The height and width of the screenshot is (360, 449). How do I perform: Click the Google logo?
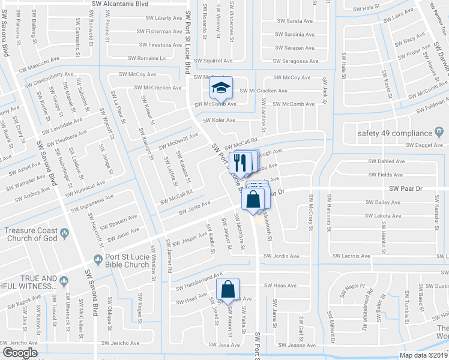pyautogui.click(x=20, y=352)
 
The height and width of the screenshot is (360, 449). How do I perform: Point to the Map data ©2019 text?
pyautogui.click(x=424, y=355)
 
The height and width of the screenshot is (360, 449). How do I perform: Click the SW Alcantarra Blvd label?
pyautogui.click(x=120, y=4)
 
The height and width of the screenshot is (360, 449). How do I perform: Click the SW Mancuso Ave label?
pyautogui.click(x=38, y=61)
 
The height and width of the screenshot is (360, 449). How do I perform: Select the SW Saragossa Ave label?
pyautogui.click(x=297, y=61)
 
